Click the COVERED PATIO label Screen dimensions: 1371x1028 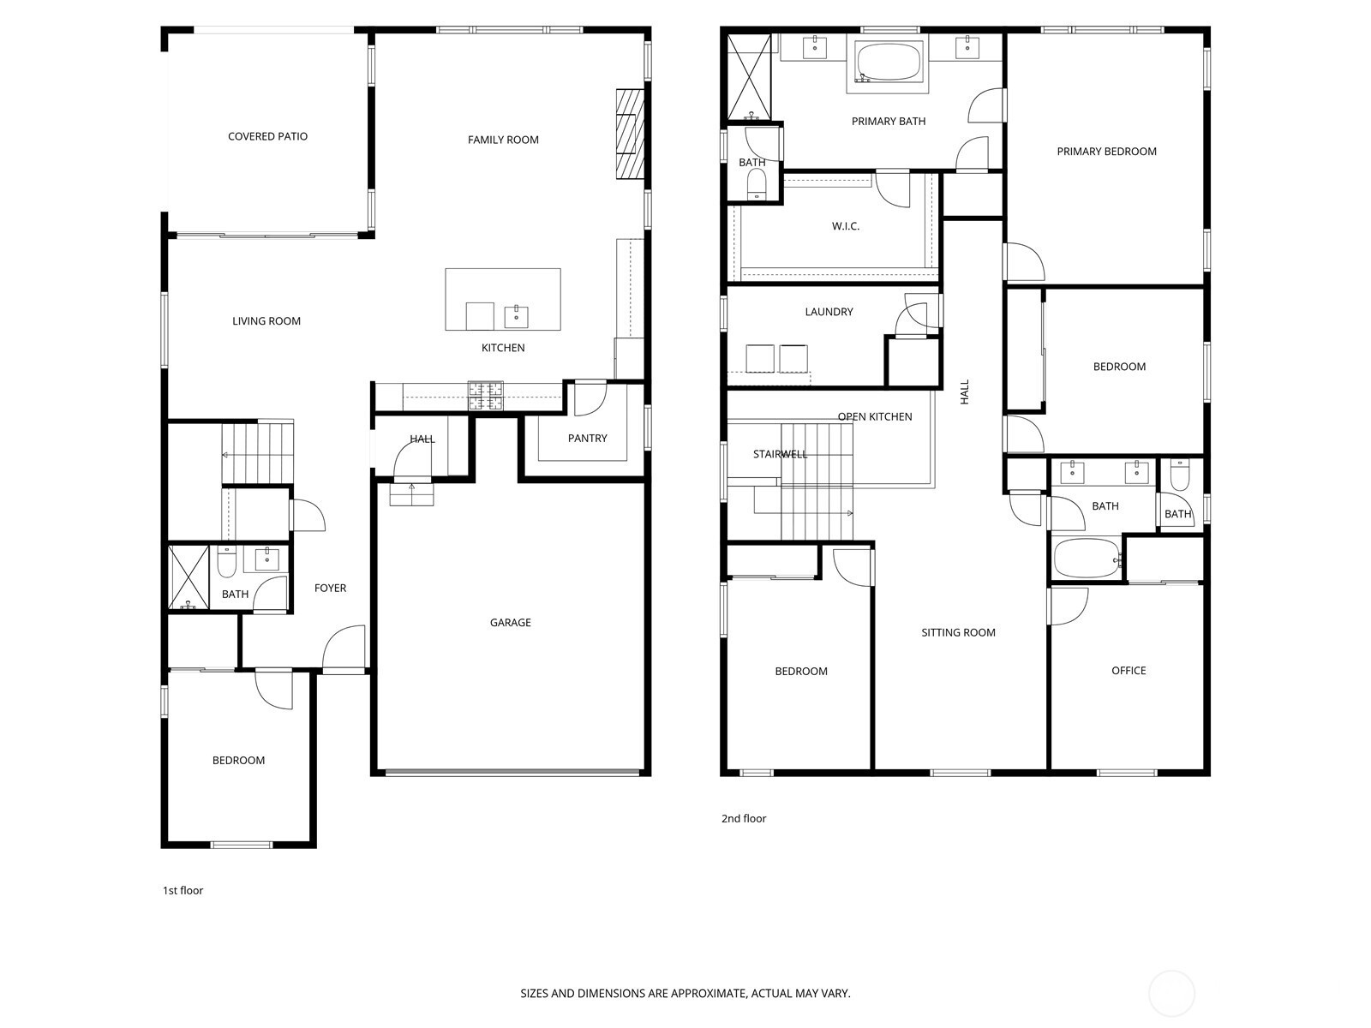tap(267, 136)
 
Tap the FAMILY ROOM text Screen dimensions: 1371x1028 tap(503, 140)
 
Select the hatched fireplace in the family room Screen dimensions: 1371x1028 tap(630, 134)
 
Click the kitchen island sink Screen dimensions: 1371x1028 tap(517, 316)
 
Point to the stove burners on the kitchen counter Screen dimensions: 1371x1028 tap(485, 396)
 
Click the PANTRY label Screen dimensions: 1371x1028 tap(587, 438)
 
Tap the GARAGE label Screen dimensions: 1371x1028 tap(511, 622)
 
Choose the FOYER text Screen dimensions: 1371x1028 tap(330, 588)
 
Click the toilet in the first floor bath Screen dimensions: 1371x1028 tap(226, 562)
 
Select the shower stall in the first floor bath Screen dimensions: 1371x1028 tap(189, 577)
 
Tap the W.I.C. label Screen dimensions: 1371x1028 tap(845, 226)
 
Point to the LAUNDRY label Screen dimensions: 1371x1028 tap(829, 312)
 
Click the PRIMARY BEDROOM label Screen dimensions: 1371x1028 tap(1106, 151)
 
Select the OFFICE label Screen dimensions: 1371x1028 tap(1128, 671)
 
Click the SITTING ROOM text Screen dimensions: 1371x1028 tap(958, 632)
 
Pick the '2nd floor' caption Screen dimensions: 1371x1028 tap(743, 818)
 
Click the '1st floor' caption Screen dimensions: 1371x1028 tap(183, 891)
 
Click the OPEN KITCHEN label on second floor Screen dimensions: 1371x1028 tap(875, 416)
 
